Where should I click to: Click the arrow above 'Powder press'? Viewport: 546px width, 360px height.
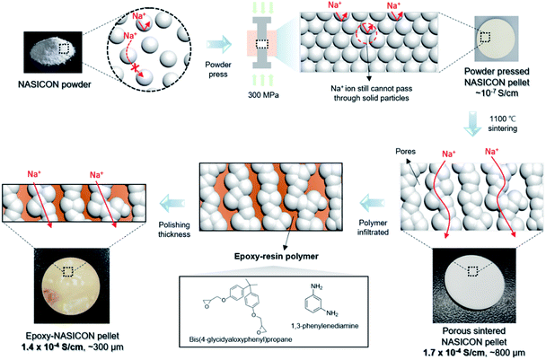(x=218, y=42)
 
